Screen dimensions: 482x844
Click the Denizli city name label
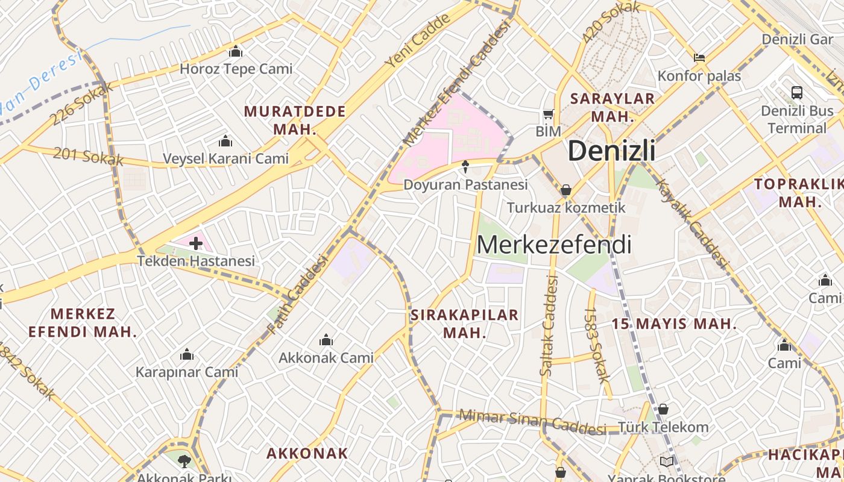coord(611,151)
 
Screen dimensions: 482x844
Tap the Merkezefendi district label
coord(554,245)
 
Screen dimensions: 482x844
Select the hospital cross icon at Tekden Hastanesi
coord(196,243)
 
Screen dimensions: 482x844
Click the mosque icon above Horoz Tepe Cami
coord(236,52)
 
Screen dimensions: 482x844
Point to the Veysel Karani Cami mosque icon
coord(225,142)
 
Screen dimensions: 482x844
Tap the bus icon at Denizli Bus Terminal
coord(797,93)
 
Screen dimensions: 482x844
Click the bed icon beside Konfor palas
coord(699,58)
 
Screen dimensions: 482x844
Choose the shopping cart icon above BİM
coord(548,114)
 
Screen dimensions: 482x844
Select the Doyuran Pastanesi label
coord(465,185)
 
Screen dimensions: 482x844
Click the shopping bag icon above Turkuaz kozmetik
coord(566,190)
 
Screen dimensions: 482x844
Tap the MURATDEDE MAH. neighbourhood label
coord(295,120)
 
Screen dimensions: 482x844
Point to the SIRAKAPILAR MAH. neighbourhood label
coord(464,324)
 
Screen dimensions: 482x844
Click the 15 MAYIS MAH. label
coord(674,324)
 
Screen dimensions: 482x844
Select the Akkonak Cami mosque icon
coord(326,340)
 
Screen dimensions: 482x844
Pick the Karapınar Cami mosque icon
coord(187,354)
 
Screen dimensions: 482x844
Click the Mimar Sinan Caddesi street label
coord(532,421)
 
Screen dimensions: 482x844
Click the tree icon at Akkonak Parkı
coord(184,462)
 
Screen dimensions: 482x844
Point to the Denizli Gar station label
coord(797,39)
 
